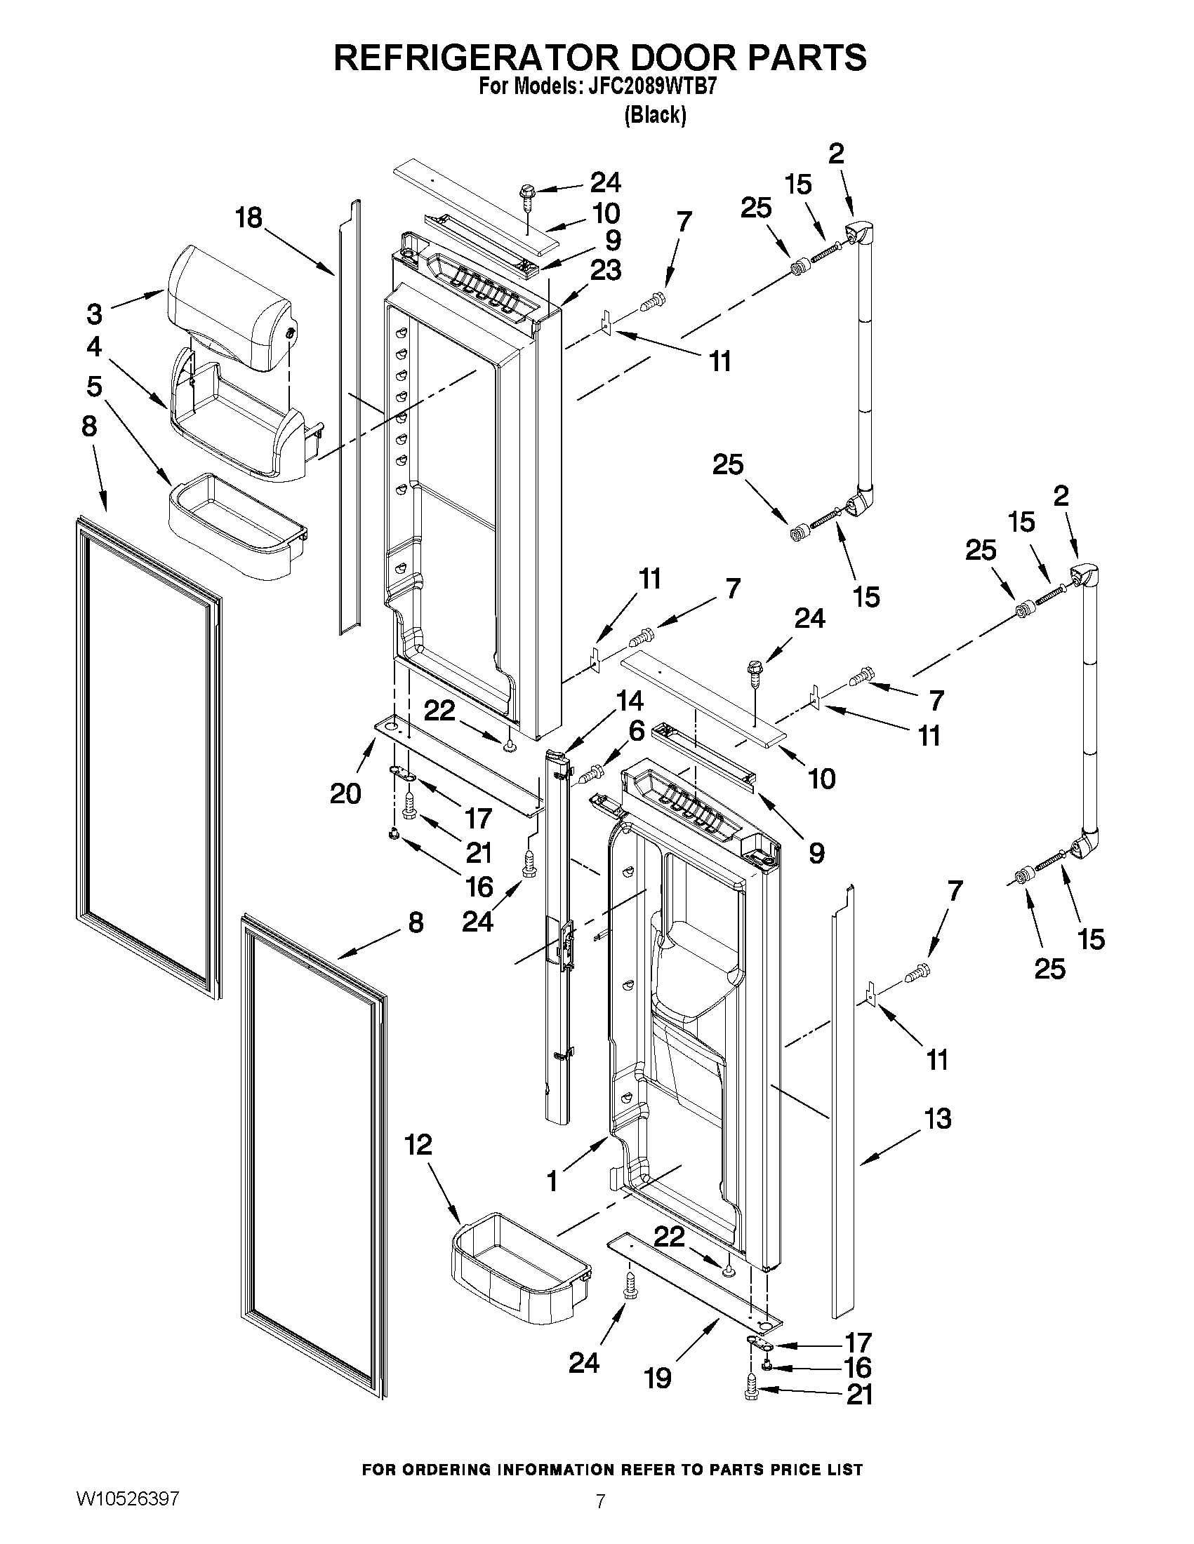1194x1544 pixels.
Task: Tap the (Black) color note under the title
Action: (x=655, y=114)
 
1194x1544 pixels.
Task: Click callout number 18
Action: (x=249, y=217)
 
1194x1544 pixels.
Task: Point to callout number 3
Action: (x=95, y=313)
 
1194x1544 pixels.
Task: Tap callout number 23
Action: (x=606, y=270)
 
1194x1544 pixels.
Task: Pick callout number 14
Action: (x=629, y=701)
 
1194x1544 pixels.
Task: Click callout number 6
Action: (x=636, y=731)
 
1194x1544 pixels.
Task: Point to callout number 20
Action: (x=345, y=794)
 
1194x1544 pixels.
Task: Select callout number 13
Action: (x=938, y=1119)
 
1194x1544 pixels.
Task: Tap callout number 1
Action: (x=552, y=1180)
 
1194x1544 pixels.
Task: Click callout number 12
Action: (x=419, y=1145)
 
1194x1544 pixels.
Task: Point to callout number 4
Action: (x=94, y=347)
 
